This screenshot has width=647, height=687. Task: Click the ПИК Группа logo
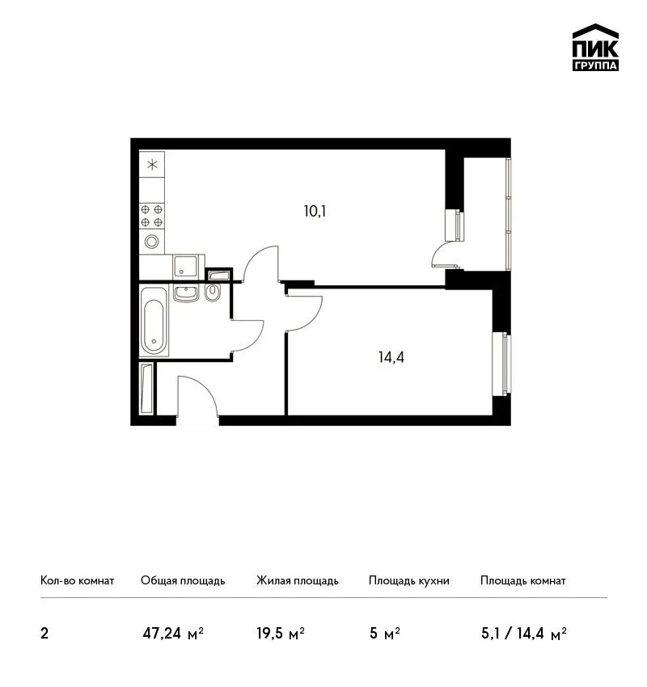point(595,48)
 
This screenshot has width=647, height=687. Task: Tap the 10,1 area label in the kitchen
point(315,212)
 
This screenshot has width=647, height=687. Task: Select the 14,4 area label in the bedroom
point(391,357)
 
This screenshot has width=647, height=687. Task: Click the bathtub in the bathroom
point(154,321)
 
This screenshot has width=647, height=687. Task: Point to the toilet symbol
point(213,293)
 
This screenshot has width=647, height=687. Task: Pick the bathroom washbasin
point(186,293)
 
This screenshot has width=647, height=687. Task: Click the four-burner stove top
point(152,216)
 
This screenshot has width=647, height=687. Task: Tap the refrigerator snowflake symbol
point(152,165)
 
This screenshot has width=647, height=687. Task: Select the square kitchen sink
point(185,267)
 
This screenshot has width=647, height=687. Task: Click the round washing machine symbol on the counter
point(152,241)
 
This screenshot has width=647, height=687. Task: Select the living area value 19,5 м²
point(281,634)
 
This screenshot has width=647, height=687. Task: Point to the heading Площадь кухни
point(409,581)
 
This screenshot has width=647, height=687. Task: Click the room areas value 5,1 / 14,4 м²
point(524,634)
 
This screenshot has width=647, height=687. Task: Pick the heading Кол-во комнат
point(77,581)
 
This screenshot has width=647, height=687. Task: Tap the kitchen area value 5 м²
point(385,634)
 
